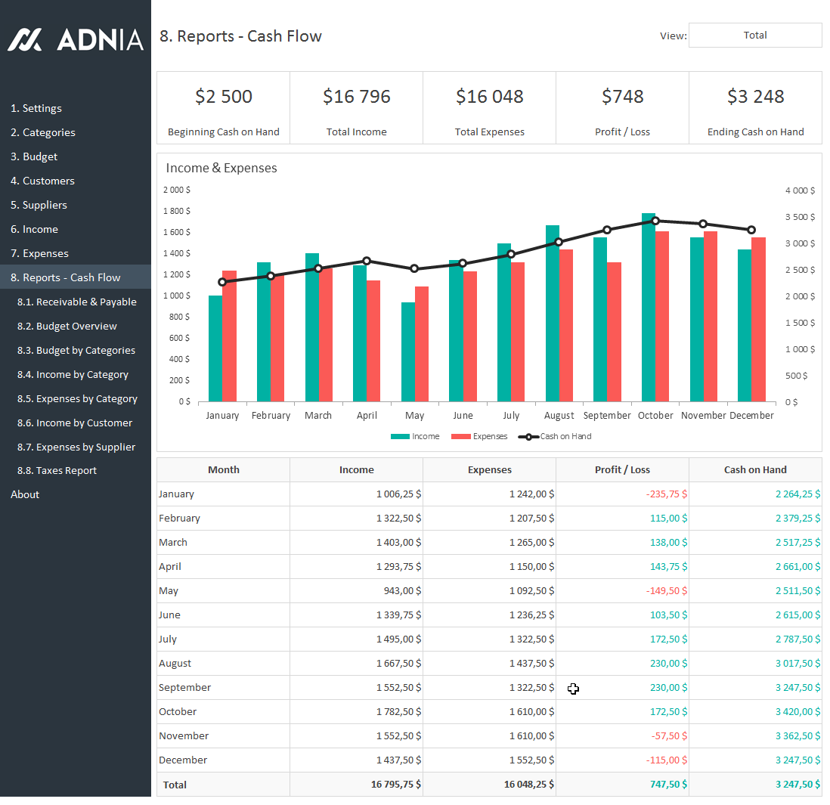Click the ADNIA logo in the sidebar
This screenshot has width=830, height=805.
pyautogui.click(x=76, y=39)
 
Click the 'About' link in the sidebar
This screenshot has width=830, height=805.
pyautogui.click(x=25, y=494)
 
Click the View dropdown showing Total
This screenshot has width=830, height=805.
pyautogui.click(x=754, y=36)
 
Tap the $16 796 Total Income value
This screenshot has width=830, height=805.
pyautogui.click(x=356, y=97)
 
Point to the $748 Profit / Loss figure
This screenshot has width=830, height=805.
pyautogui.click(x=622, y=97)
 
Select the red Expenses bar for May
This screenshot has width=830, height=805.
pyautogui.click(x=422, y=344)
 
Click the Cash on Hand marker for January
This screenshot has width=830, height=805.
pyautogui.click(x=222, y=282)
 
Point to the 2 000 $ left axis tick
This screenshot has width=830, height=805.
pyautogui.click(x=177, y=190)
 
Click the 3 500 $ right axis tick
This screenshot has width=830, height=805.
pyautogui.click(x=800, y=217)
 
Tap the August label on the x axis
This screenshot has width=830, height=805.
pyautogui.click(x=559, y=415)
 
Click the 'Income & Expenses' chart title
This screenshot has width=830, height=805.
pyautogui.click(x=221, y=168)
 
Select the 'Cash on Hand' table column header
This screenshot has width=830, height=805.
pyautogui.click(x=754, y=469)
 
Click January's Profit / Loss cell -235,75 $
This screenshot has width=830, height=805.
pyautogui.click(x=666, y=494)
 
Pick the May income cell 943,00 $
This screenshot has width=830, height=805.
pyautogui.click(x=398, y=590)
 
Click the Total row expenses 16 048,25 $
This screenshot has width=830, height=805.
pyautogui.click(x=528, y=785)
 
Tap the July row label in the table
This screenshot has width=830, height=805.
pyautogui.click(x=168, y=639)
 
